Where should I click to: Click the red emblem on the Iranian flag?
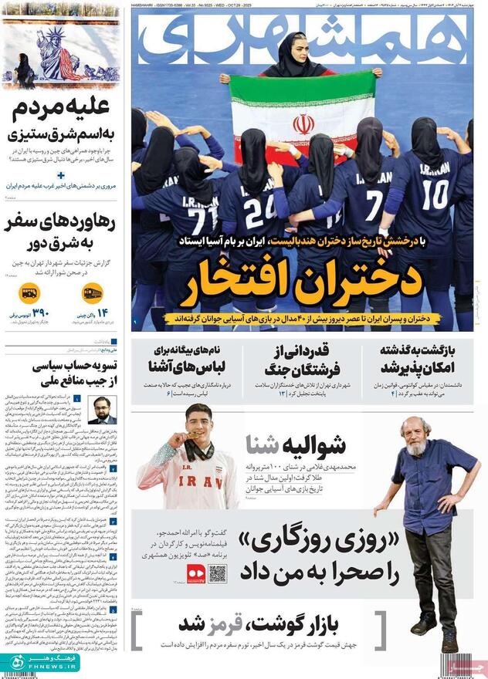point(303,123)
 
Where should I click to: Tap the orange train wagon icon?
point(92,293)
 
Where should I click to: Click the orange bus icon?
point(29,293)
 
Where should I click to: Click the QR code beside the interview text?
point(217,573)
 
